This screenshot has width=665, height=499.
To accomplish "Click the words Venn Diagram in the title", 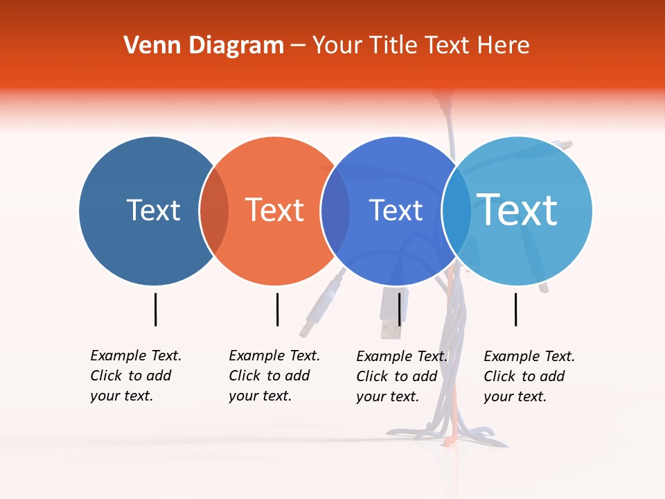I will click(x=204, y=46).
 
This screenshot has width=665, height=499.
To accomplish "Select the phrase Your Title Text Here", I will click(x=420, y=46).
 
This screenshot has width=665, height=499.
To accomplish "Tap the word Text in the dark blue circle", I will click(x=153, y=210).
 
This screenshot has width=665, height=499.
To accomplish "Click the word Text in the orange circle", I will click(x=274, y=210).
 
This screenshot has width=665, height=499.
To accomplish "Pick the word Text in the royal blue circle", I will click(x=396, y=210).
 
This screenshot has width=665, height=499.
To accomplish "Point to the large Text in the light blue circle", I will click(x=517, y=209).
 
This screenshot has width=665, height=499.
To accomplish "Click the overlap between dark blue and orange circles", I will click(x=214, y=211).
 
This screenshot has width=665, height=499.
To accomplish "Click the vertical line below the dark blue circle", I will click(x=156, y=309).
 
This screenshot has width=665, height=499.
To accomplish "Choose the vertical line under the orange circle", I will click(x=277, y=309).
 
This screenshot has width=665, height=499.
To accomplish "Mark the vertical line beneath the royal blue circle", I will click(x=400, y=309).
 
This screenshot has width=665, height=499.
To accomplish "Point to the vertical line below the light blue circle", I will click(x=516, y=309).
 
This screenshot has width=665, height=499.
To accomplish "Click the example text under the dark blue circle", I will click(x=135, y=376).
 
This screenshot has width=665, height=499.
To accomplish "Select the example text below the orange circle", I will click(x=274, y=376).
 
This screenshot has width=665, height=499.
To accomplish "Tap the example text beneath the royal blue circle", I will click(x=401, y=376).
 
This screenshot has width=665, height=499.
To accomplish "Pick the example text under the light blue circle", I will click(x=529, y=376).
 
